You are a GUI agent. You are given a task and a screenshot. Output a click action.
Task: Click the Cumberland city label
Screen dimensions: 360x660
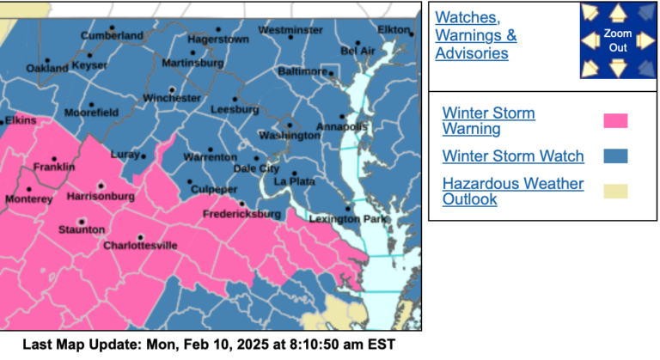(112, 35)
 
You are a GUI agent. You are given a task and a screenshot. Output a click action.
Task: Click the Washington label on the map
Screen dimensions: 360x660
(290, 136)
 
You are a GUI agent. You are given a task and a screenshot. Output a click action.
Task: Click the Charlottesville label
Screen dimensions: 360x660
(140, 246)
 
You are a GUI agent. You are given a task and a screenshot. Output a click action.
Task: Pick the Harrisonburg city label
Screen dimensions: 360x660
(101, 197)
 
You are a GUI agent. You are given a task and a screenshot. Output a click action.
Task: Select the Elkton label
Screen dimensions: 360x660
(394, 29)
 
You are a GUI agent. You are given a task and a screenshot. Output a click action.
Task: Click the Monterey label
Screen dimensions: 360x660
(28, 198)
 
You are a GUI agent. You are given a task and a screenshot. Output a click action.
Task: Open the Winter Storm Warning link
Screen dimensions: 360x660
(488, 121)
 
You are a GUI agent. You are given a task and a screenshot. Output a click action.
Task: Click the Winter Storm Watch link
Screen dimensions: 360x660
(513, 156)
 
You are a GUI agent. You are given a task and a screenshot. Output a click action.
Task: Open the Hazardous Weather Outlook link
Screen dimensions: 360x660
(512, 192)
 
